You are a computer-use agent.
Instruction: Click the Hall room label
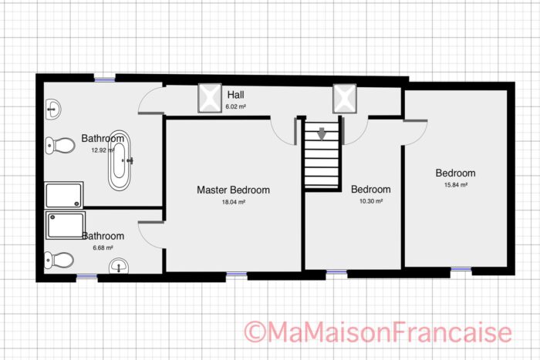pyautogui.click(x=235, y=95)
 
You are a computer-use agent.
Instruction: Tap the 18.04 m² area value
pyautogui.click(x=233, y=202)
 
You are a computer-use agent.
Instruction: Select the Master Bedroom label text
pyautogui.click(x=233, y=190)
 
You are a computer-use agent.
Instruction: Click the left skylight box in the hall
pyautogui.click(x=210, y=97)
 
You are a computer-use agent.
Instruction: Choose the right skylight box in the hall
pyautogui.click(x=343, y=98)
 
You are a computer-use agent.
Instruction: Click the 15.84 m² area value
pyautogui.click(x=455, y=185)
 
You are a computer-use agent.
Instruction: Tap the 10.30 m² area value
pyautogui.click(x=370, y=201)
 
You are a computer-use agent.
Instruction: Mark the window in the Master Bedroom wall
pyautogui.click(x=236, y=274)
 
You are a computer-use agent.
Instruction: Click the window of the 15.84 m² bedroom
pyautogui.click(x=461, y=270)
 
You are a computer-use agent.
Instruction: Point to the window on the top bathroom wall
pyautogui.click(x=103, y=77)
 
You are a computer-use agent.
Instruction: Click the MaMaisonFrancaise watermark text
pyautogui.click(x=378, y=332)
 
